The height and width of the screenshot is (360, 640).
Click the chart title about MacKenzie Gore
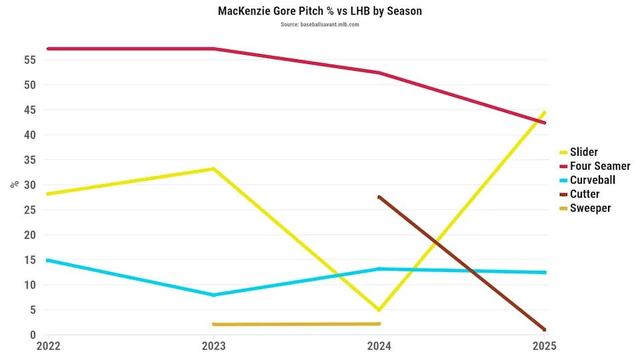[319, 11]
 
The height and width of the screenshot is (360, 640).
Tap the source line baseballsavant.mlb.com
[319, 25]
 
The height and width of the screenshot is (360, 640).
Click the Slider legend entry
[584, 152]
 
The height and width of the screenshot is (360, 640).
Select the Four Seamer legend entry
[599, 166]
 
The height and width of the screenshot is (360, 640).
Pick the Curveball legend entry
[592, 180]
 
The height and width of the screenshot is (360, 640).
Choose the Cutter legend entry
[585, 194]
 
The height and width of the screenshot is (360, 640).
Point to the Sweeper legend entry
[590, 208]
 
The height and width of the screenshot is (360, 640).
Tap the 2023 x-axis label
[213, 346]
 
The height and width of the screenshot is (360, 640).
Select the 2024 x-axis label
[379, 346]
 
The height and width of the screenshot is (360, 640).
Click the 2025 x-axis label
[543, 346]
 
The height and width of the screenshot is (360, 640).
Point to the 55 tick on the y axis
[29, 60]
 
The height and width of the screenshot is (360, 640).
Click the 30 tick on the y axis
[29, 185]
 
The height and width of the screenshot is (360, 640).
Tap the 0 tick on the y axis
[32, 335]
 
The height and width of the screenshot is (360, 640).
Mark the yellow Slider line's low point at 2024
[379, 310]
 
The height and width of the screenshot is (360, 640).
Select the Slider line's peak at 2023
[213, 169]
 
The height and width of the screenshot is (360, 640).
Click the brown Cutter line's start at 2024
[379, 197]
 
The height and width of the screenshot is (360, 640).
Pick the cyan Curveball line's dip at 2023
[213, 295]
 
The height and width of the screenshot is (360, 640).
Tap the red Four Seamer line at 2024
[379, 73]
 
